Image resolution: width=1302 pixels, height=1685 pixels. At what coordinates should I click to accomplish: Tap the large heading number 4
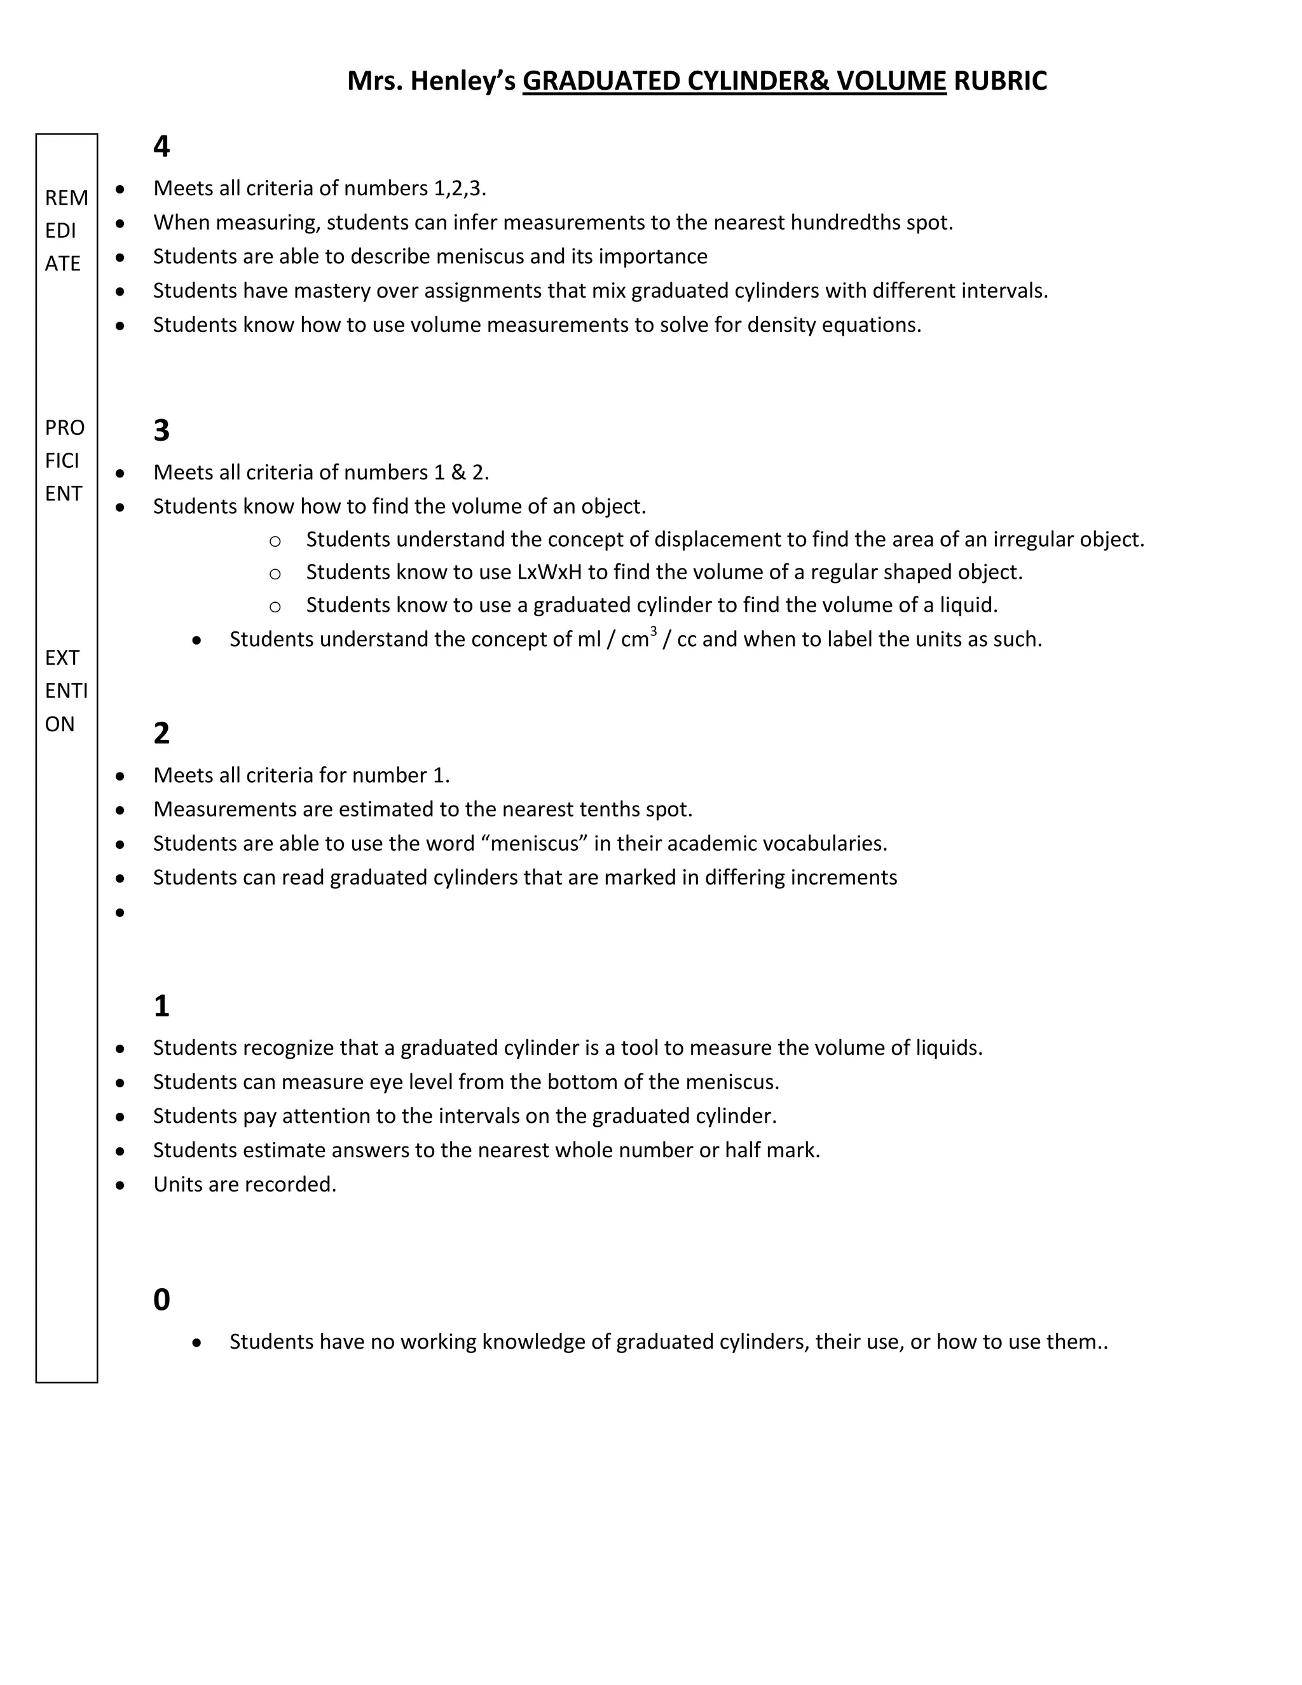(x=161, y=147)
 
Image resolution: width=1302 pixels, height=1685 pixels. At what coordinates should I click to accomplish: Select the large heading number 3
(x=161, y=430)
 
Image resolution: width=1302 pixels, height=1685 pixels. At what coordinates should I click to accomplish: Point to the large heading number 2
(x=161, y=733)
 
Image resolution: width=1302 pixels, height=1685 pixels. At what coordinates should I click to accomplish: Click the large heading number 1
(x=161, y=1006)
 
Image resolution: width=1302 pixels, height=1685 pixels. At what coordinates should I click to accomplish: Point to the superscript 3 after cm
(x=654, y=631)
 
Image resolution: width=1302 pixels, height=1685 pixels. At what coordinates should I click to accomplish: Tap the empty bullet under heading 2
(x=120, y=912)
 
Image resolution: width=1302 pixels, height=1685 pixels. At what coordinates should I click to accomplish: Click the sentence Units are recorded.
(x=245, y=1185)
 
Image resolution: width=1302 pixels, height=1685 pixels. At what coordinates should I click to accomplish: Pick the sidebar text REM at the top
(x=66, y=198)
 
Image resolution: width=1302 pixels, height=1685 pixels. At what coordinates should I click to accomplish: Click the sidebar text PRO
(x=65, y=427)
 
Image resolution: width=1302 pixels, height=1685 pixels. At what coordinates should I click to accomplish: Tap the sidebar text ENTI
(x=66, y=691)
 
